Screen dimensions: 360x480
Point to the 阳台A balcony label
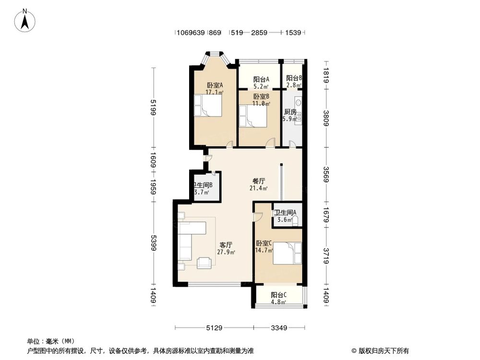[261, 79]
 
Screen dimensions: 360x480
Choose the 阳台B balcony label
[293, 78]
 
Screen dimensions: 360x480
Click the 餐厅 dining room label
[259, 181]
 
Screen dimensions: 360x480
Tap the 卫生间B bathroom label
[203, 185]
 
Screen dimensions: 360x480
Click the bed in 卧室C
[287, 253]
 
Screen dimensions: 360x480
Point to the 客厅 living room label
[226, 245]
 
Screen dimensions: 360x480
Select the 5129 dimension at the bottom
[214, 328]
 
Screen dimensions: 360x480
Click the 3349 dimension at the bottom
[279, 328]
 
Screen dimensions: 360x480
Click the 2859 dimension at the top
[259, 33]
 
